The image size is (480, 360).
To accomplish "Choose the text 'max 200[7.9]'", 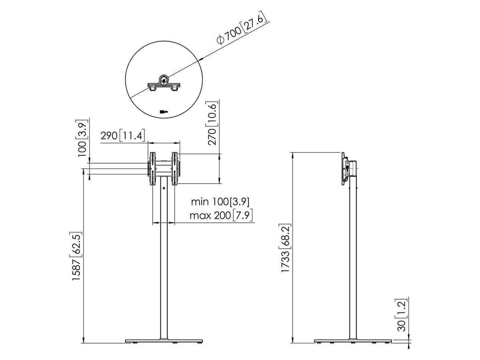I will tap(221, 216).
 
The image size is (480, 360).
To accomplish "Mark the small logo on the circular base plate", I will tap(163, 112).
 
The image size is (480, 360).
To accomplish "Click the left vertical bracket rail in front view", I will tap(152, 168).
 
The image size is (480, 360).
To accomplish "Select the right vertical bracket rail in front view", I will tap(175, 168).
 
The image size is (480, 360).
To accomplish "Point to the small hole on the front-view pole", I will tap(164, 189).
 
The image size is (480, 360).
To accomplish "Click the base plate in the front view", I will tap(164, 341).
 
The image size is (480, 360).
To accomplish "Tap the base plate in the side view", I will tap(352, 341).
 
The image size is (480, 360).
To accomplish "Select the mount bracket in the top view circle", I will tap(164, 85).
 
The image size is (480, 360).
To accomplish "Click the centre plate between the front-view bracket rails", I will tap(164, 168).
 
